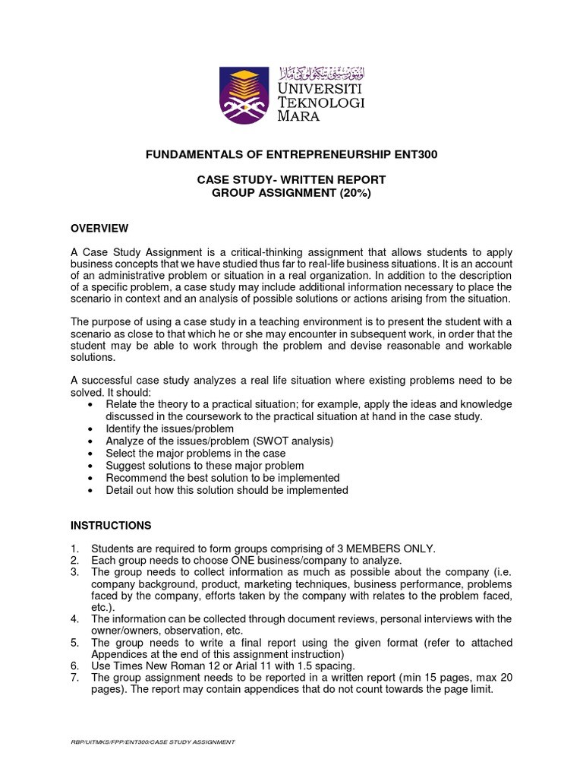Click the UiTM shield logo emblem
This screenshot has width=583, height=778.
(x=244, y=95)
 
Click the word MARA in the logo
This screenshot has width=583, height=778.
(x=298, y=116)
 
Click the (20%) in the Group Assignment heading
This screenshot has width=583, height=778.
(x=356, y=193)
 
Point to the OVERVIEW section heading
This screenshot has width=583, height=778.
(x=99, y=229)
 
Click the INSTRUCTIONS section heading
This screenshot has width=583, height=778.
(x=111, y=526)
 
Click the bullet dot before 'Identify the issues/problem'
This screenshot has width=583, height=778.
(x=91, y=429)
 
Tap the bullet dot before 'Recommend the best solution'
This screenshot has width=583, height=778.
(x=91, y=479)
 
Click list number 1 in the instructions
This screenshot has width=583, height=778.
(x=74, y=549)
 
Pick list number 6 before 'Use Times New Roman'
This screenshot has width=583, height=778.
(x=74, y=666)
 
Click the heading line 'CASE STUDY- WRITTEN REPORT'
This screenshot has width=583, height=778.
(x=291, y=180)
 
